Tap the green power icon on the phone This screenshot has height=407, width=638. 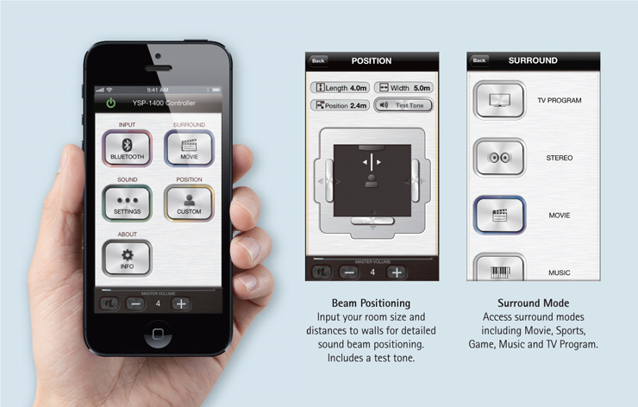(110, 103)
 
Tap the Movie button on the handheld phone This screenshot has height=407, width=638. (189, 148)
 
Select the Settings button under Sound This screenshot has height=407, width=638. (127, 203)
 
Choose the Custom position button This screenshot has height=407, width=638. (189, 203)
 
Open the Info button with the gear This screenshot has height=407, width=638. (127, 258)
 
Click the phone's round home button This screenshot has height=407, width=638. (158, 335)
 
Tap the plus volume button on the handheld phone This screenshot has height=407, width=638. (181, 304)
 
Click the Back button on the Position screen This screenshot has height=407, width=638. (318, 61)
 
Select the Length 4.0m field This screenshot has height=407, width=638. (341, 88)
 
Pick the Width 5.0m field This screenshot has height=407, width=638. (403, 88)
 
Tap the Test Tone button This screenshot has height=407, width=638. (403, 105)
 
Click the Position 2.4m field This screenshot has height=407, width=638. (341, 105)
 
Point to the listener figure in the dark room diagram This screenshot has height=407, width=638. (372, 181)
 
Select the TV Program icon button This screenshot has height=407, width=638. (500, 100)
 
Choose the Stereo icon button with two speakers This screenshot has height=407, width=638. (500, 158)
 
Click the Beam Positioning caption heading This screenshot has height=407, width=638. (371, 304)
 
